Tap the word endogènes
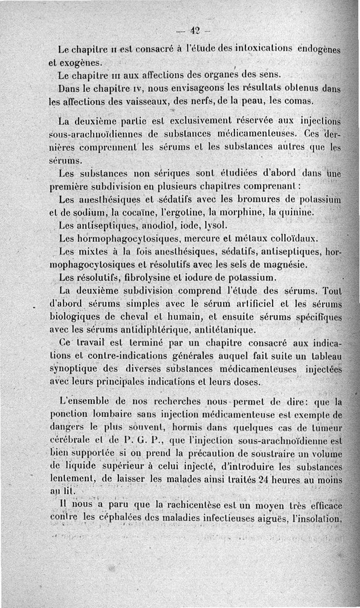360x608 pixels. coord(320,49)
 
